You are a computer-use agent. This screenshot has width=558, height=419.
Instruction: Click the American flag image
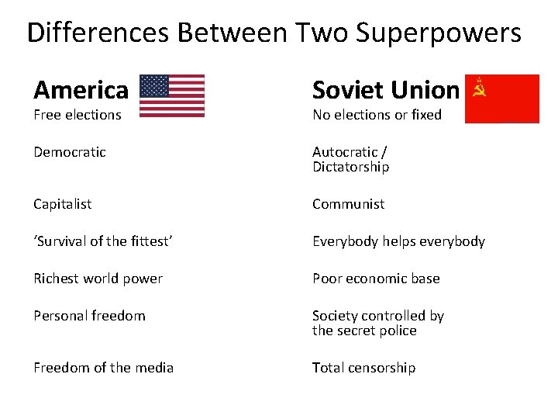(171, 95)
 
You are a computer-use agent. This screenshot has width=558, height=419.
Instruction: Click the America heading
(81, 90)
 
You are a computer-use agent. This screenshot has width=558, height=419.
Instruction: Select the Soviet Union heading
(385, 90)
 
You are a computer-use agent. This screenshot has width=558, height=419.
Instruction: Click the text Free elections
(77, 115)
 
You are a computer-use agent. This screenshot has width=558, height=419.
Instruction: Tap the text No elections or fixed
(377, 115)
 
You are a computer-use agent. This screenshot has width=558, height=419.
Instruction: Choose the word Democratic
(70, 152)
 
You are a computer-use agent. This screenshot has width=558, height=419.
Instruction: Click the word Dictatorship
(350, 168)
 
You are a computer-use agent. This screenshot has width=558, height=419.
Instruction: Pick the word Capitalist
(63, 204)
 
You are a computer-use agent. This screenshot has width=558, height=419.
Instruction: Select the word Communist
(348, 204)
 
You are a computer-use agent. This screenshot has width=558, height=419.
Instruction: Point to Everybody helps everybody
(398, 241)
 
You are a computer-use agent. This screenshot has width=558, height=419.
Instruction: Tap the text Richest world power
(98, 279)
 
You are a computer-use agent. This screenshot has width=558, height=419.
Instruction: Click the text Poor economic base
(376, 279)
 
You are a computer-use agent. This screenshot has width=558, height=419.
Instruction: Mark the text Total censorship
(363, 368)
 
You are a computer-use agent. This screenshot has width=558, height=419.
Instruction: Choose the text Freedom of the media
(103, 368)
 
